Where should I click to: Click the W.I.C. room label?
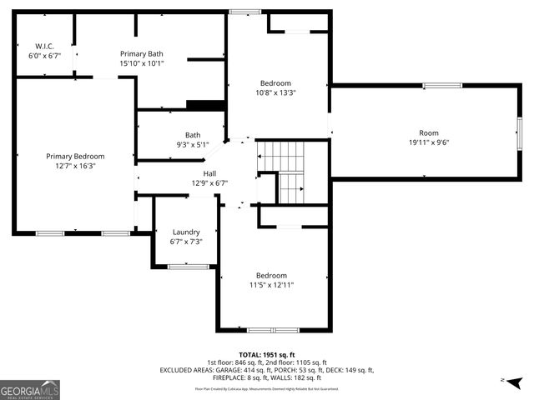[x=43, y=45]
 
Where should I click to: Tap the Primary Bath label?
[x=141, y=52]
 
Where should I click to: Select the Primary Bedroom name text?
[x=75, y=156]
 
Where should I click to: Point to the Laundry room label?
[x=185, y=232]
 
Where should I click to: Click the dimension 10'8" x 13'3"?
[x=275, y=92]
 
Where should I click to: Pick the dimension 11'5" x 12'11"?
[x=271, y=285]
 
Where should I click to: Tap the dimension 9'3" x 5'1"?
[x=193, y=144]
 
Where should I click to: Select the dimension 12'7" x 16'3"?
[x=75, y=165]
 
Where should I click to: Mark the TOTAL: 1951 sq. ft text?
[x=267, y=354]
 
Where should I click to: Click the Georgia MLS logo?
[x=30, y=389]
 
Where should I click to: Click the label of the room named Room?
[x=428, y=133]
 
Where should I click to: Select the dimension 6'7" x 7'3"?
[x=185, y=242]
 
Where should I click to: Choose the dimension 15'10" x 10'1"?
[x=141, y=62]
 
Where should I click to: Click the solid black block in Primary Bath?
[x=205, y=104]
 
